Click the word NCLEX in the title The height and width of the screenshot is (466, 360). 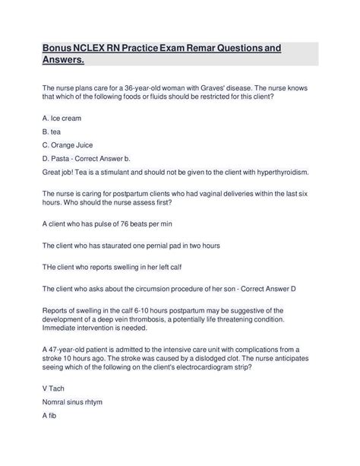tap(93, 49)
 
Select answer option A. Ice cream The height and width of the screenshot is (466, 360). tap(62, 119)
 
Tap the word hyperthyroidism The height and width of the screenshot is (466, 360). tap(270, 172)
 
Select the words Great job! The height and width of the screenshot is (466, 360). tap(62, 172)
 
